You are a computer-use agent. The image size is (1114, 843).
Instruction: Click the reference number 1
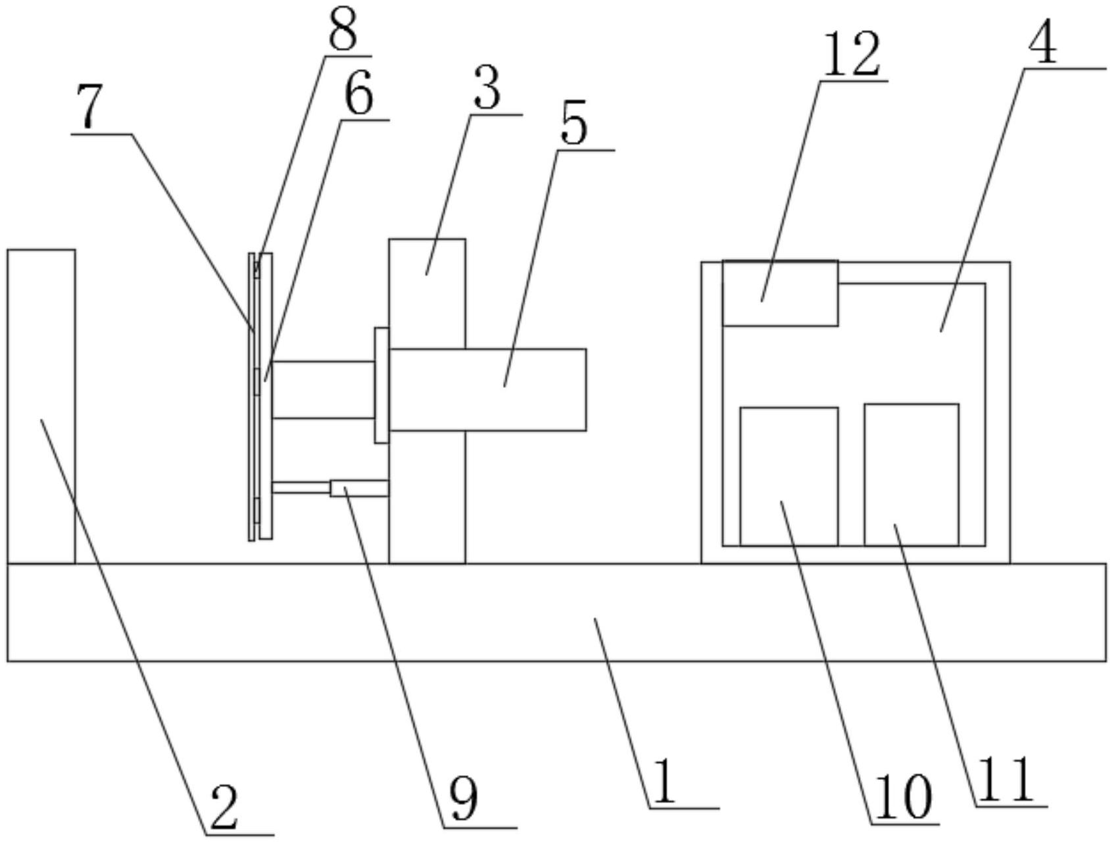click(665, 782)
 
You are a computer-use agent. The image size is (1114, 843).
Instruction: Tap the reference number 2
click(224, 807)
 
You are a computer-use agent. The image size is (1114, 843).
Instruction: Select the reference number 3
click(487, 89)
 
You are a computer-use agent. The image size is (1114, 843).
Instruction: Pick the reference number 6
click(359, 93)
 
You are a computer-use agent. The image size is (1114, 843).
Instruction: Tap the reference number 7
click(89, 107)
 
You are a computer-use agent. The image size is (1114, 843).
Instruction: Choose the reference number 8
click(343, 30)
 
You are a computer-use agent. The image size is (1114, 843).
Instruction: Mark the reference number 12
click(851, 55)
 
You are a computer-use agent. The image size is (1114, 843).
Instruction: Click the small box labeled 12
click(780, 293)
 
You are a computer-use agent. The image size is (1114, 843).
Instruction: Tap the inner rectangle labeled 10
click(788, 476)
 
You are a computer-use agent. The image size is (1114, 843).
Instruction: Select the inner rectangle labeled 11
click(911, 474)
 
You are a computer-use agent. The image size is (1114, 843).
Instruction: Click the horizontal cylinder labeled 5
click(487, 389)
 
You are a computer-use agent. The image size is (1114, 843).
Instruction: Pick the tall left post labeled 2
click(41, 406)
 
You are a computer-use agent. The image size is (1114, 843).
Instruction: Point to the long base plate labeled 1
click(556, 612)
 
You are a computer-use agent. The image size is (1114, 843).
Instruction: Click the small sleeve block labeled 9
click(359, 488)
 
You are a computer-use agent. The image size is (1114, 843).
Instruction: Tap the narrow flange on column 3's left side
click(381, 385)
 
